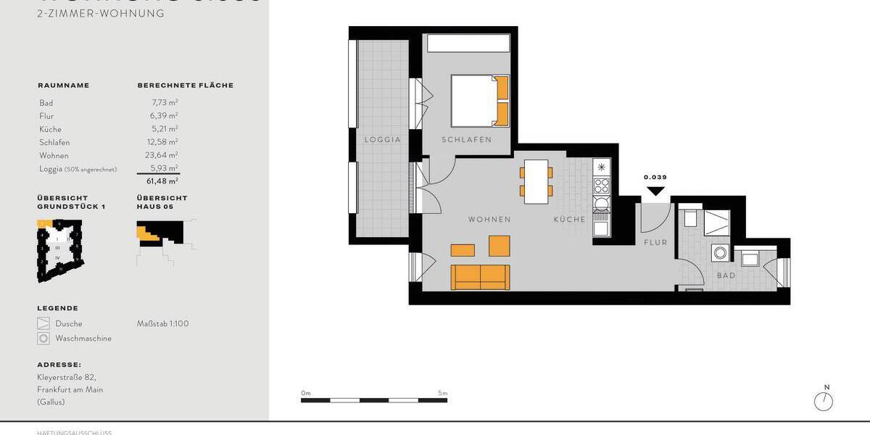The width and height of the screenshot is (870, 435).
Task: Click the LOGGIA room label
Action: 383,140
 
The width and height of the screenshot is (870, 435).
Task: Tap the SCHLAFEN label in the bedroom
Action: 466,140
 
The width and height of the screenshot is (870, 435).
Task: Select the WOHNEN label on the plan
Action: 489,220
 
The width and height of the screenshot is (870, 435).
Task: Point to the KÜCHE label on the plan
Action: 569,220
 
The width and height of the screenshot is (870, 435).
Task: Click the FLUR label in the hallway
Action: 655,243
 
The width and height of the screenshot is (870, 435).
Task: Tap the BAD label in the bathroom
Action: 726,275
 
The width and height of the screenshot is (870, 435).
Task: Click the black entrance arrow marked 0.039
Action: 655,191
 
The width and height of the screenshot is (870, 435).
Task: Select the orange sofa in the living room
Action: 481,277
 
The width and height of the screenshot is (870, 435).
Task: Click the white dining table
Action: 536,181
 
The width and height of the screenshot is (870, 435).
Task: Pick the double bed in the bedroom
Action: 479,101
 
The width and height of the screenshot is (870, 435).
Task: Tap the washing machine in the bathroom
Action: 721,253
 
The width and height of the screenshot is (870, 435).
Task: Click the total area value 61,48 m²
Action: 162,181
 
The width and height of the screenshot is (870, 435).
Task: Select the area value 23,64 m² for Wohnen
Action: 162,155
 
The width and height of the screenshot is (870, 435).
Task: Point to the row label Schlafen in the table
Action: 54,142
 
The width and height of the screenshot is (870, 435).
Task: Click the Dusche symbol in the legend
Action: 43,323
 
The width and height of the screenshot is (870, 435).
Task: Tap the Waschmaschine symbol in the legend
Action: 43,339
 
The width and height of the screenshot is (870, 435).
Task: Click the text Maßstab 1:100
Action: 162,323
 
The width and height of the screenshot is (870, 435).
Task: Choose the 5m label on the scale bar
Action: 443,393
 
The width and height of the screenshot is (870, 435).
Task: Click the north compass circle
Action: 824,402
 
